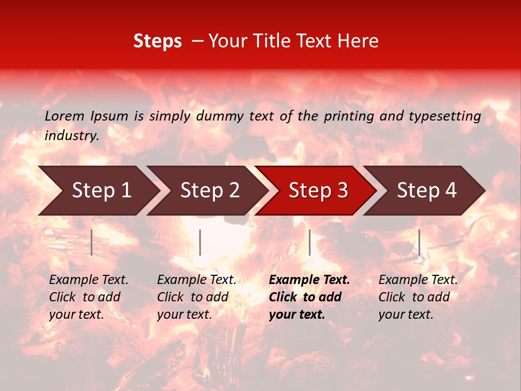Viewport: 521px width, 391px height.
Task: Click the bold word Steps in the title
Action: (157, 41)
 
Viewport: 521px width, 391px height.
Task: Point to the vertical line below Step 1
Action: (92, 242)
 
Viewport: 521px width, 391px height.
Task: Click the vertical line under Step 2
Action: (200, 242)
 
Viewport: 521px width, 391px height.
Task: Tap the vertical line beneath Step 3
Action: (309, 242)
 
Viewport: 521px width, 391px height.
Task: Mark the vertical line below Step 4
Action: (419, 242)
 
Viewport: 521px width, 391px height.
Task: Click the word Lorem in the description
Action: (65, 116)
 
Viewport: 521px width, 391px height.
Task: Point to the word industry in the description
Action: (72, 136)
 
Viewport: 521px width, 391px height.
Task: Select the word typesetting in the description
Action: (444, 116)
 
